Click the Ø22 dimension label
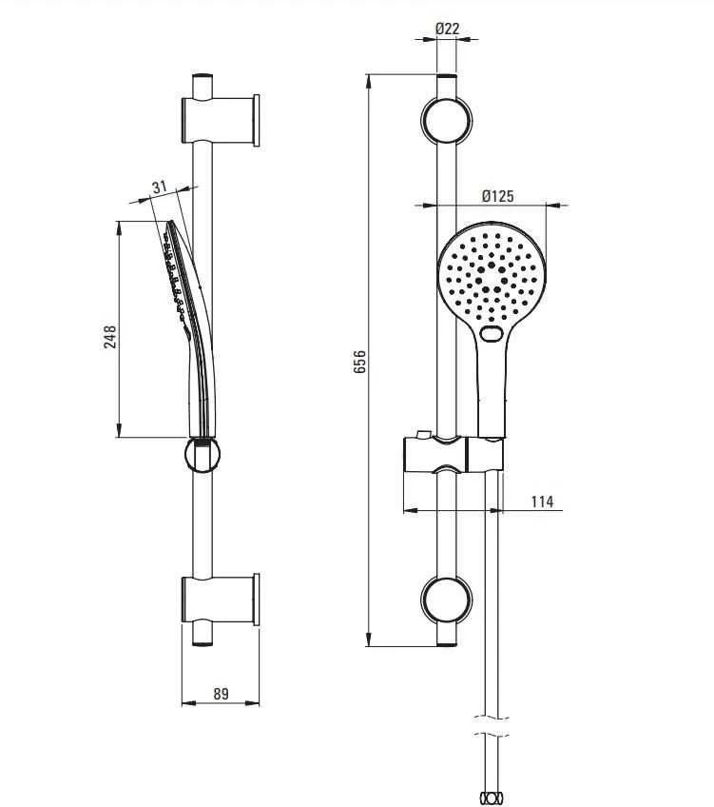[x=447, y=29]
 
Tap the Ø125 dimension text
[x=497, y=196]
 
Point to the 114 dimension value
[x=542, y=502]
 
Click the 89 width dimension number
[x=221, y=694]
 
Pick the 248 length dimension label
[x=109, y=337]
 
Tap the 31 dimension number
[x=160, y=187]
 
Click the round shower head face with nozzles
[x=491, y=275]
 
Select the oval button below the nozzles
[x=492, y=333]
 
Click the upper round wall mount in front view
[x=446, y=121]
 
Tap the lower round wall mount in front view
[x=446, y=600]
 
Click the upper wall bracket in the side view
[x=221, y=121]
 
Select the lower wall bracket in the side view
[x=221, y=600]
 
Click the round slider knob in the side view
[x=203, y=455]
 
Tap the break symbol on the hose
[x=491, y=726]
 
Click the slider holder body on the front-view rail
[x=453, y=454]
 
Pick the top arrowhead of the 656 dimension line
[x=369, y=81]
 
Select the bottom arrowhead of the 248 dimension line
[x=119, y=430]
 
